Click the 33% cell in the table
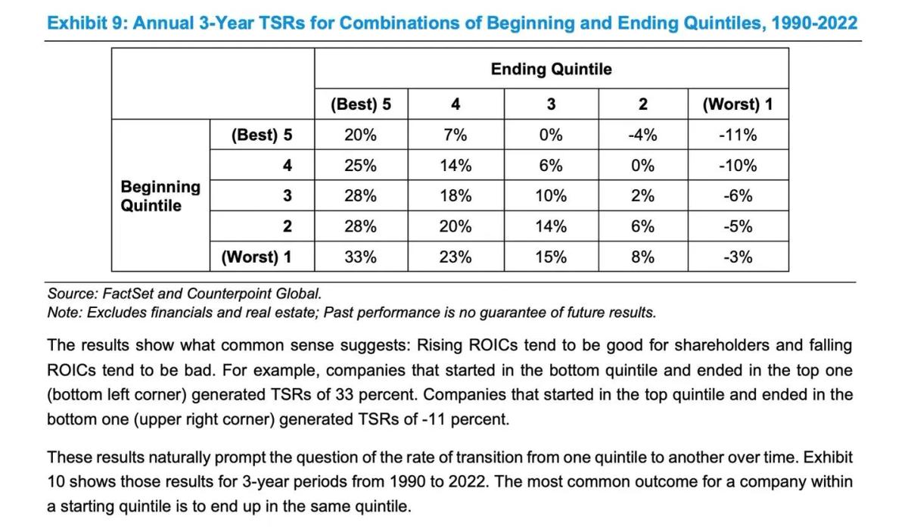[360, 257]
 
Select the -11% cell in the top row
[738, 135]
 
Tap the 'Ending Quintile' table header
[551, 70]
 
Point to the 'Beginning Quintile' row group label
[160, 196]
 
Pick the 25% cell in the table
[360, 166]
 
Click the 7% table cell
[456, 135]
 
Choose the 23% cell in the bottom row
[456, 257]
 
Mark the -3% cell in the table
[738, 257]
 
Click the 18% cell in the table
[456, 196]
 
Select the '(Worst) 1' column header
[738, 104]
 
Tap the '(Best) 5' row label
[262, 135]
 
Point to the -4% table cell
[642, 135]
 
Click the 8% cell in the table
[642, 257]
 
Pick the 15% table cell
[551, 257]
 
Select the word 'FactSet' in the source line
[116, 293]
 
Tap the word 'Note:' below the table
[66, 312]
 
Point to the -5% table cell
[738, 226]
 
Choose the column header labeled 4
[456, 104]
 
